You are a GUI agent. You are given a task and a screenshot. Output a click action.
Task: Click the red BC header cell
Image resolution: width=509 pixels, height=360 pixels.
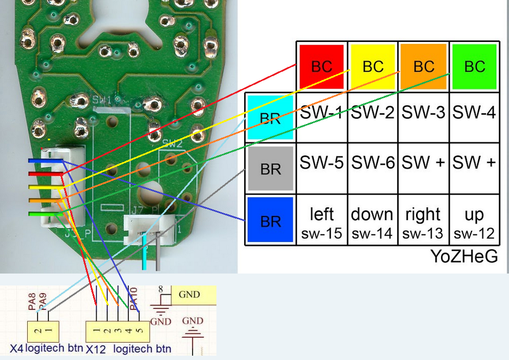(321, 66)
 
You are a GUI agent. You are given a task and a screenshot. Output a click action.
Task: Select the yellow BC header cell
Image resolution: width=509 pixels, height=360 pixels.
(373, 66)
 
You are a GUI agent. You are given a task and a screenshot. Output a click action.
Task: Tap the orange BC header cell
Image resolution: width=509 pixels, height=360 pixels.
(424, 66)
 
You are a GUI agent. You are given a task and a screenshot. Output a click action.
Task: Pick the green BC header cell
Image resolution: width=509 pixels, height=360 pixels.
(475, 66)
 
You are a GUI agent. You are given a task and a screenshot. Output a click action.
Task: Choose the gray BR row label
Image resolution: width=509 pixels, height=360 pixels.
(270, 169)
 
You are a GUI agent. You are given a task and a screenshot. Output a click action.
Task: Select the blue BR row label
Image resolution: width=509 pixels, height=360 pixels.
(270, 220)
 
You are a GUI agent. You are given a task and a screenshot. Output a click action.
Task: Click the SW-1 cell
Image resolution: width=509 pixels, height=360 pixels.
(321, 113)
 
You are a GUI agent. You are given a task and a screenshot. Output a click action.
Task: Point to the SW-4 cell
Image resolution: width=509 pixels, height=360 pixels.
(474, 113)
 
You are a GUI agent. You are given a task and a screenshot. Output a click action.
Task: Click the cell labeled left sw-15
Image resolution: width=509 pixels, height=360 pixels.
(321, 222)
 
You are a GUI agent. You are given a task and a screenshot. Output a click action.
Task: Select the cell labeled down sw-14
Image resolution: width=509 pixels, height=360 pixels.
(373, 222)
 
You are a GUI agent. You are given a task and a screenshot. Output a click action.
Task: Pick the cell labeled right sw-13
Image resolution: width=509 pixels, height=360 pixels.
(423, 222)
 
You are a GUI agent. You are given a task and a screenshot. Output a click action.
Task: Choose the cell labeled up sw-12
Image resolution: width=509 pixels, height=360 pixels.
(474, 222)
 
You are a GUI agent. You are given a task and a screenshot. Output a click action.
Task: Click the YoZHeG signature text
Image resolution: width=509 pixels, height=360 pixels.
(464, 256)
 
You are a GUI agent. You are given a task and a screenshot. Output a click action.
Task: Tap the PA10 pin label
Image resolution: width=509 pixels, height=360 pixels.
(134, 298)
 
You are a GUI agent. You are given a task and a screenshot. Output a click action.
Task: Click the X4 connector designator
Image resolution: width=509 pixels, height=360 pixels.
(16, 349)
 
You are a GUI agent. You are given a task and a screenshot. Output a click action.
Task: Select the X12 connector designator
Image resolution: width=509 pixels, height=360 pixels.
(96, 349)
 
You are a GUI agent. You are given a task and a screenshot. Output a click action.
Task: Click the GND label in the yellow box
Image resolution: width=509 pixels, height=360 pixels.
(189, 295)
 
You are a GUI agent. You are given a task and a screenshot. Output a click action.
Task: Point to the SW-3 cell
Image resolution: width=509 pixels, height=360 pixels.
(424, 113)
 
